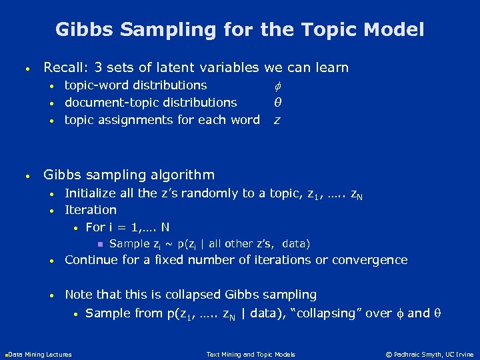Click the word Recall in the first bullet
point(63,67)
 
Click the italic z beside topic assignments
point(277,121)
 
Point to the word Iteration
point(90,210)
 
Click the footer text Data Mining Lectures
point(39,354)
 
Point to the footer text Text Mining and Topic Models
point(251,354)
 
